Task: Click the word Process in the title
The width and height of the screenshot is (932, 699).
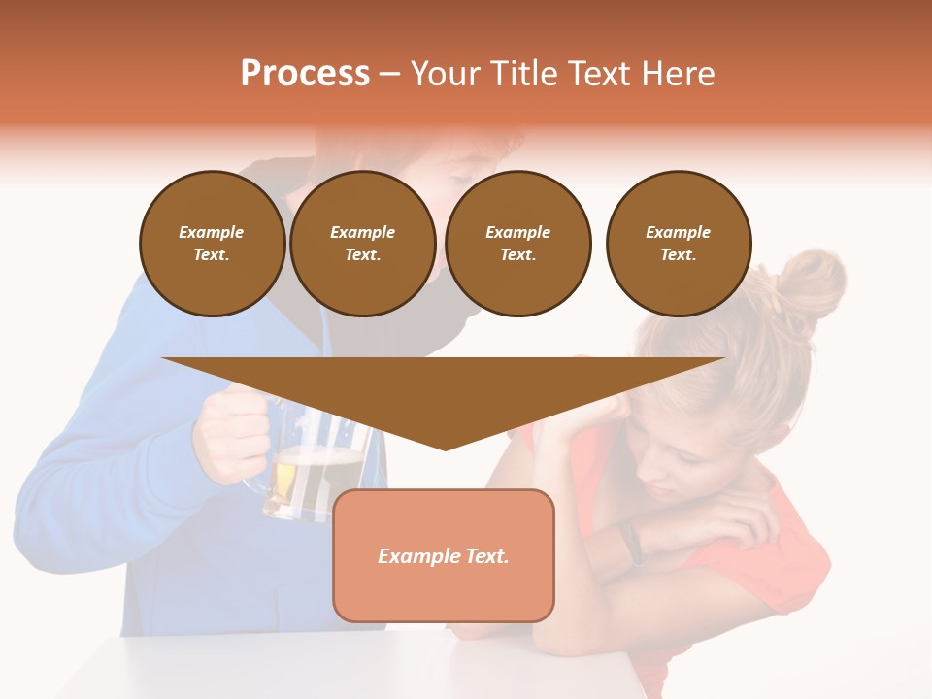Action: [x=305, y=74]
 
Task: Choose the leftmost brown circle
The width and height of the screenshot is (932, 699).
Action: [x=212, y=244]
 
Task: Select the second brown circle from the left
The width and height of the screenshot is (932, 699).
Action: [x=362, y=244]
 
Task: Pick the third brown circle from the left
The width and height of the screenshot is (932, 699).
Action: [x=517, y=244]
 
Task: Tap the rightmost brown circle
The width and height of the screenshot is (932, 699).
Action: [x=678, y=244]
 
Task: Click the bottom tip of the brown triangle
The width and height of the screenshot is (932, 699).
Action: [x=445, y=449]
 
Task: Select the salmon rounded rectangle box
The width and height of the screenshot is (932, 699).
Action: [x=444, y=592]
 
